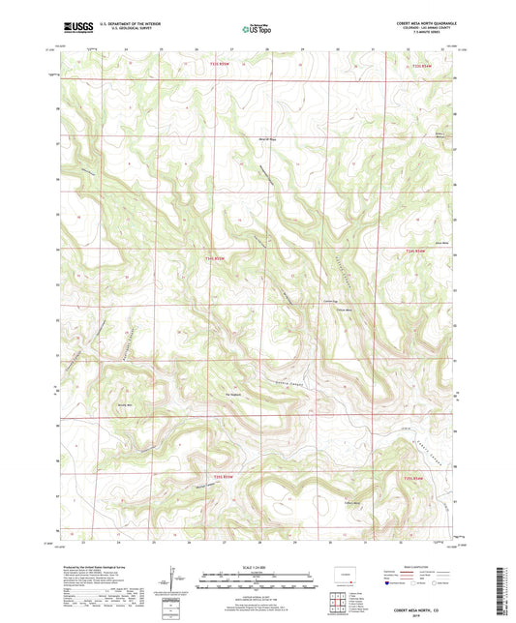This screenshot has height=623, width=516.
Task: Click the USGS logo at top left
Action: [x=74, y=28]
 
